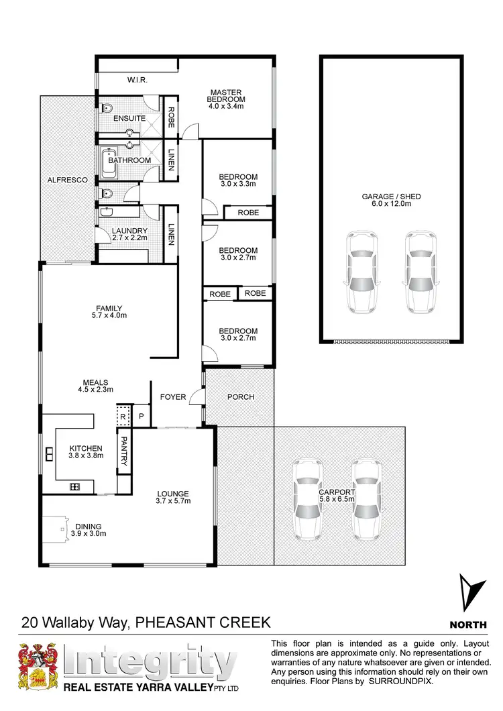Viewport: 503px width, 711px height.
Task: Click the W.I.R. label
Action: pos(137,80)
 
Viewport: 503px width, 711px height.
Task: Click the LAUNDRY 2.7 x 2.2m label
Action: pos(129,235)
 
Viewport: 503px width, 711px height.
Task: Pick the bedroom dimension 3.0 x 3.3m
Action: pos(238,185)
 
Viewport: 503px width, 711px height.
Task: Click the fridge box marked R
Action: pos(123,416)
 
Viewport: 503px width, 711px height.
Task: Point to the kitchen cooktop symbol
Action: pos(75,486)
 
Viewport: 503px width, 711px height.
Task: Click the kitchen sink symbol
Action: pos(49,454)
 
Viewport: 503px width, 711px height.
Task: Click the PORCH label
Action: pos(240,397)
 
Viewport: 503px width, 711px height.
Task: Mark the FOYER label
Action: pos(172,397)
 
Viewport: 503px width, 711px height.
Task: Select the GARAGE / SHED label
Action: pos(391,197)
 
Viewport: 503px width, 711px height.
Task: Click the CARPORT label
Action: pos(337,492)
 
